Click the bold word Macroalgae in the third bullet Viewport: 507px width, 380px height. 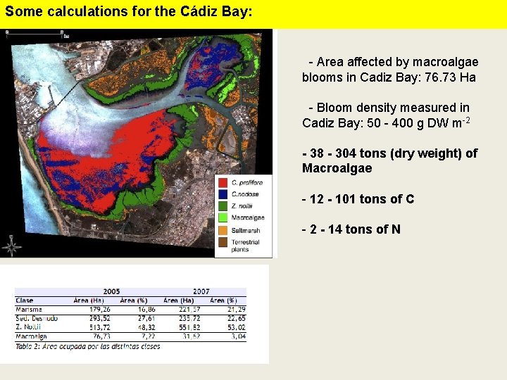tap(337, 168)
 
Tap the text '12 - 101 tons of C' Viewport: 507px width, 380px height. tap(358, 199)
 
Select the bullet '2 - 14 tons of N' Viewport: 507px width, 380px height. tap(351, 229)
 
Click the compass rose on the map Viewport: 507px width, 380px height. tap(11, 246)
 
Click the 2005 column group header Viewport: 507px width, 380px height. tap(111, 291)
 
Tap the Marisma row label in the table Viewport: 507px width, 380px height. tap(29, 309)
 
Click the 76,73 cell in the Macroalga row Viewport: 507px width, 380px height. tap(99, 336)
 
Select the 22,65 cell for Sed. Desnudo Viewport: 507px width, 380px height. tap(234, 318)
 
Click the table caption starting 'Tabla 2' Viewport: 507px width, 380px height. tap(87, 346)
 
